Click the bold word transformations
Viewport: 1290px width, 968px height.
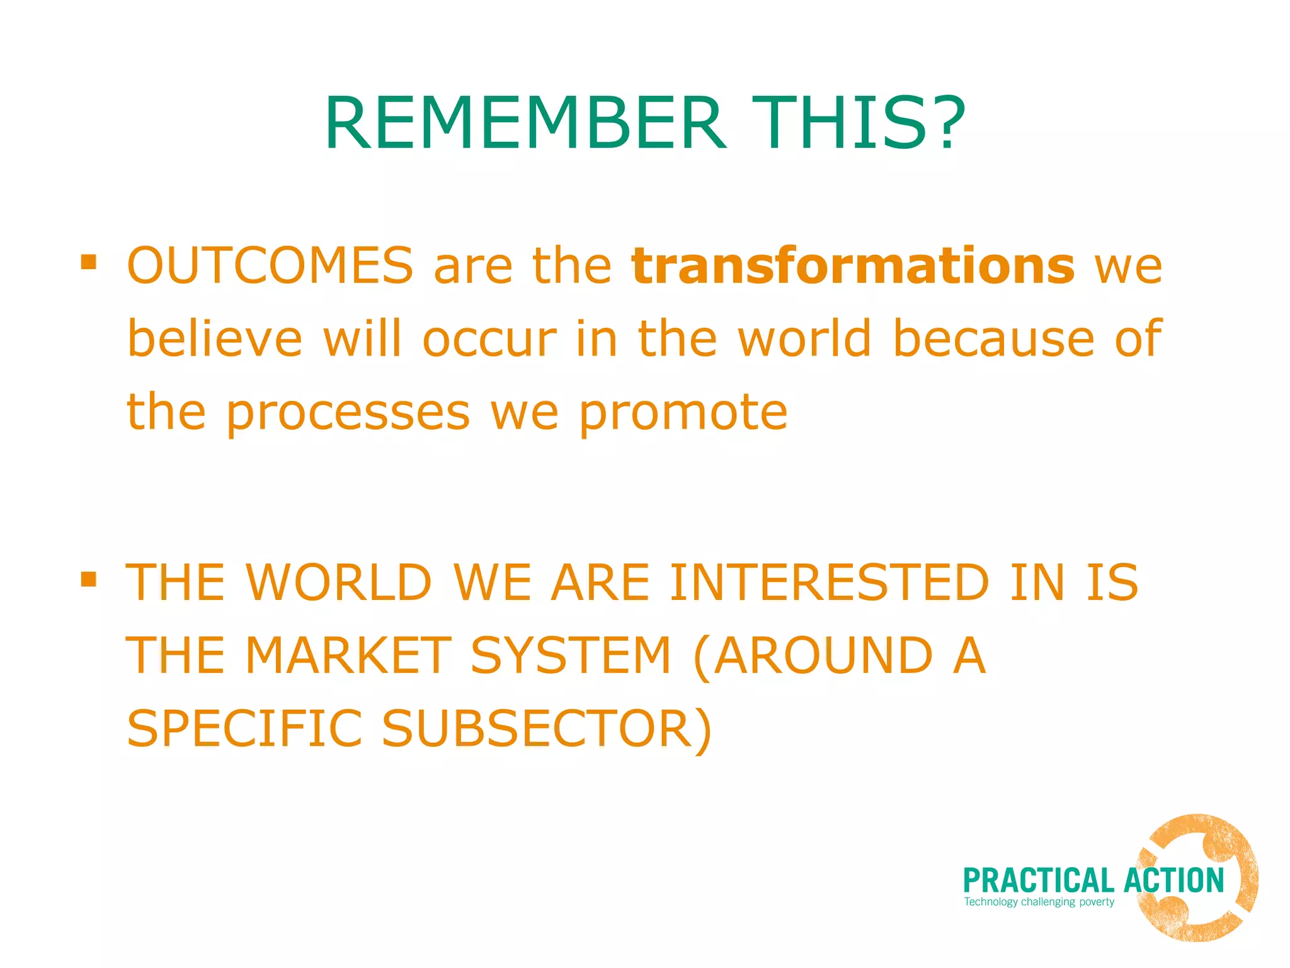(853, 265)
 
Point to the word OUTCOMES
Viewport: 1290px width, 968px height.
(270, 265)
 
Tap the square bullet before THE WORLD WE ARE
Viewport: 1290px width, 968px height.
(89, 578)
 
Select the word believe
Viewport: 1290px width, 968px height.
(215, 338)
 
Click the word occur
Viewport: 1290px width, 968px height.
(489, 338)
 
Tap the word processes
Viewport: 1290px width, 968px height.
(348, 413)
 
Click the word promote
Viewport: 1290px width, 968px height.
(683, 413)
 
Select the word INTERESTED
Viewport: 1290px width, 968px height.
(830, 582)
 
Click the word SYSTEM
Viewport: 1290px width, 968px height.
(571, 655)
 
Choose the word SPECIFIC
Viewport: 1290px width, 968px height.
(244, 729)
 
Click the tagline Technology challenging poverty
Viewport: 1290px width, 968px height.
(1039, 902)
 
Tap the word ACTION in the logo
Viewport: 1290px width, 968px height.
(1173, 881)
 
